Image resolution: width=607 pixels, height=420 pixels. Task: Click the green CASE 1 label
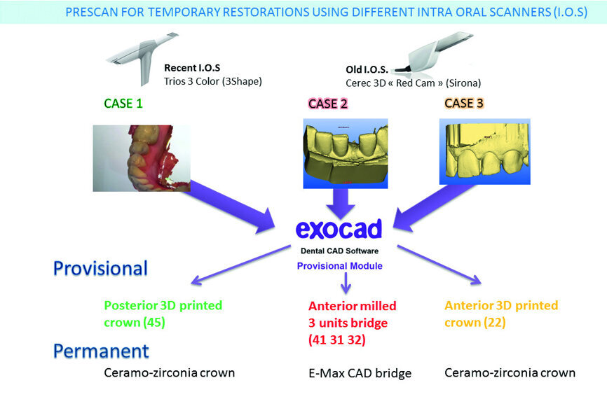[x=123, y=104]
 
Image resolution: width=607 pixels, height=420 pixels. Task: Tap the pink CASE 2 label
[x=328, y=104]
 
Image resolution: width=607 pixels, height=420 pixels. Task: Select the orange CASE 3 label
[x=464, y=104]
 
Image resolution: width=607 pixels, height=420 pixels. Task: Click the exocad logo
[x=339, y=228]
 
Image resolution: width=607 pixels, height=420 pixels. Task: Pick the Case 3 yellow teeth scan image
[x=484, y=151]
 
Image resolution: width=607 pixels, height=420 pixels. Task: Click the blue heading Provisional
[x=100, y=269]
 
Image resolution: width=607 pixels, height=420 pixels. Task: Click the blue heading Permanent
[x=101, y=350]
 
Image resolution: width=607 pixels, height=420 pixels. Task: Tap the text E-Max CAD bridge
[x=360, y=373]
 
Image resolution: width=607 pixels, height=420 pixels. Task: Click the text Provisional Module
[x=339, y=266]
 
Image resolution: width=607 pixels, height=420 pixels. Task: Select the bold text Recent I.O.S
[x=192, y=68]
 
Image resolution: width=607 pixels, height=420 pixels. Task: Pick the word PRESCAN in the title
[x=91, y=12]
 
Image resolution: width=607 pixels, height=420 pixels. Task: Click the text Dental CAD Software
[x=339, y=251]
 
